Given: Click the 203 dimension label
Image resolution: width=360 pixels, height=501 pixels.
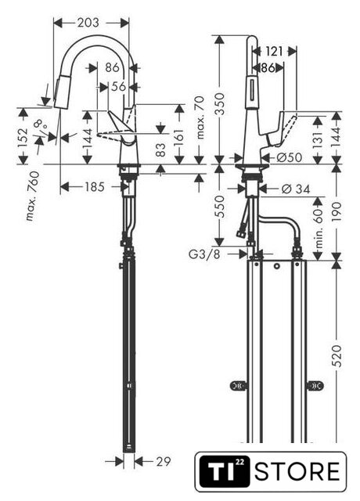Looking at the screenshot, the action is coord(88,23).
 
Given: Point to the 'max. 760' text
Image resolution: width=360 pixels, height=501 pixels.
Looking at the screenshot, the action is coord(33,196).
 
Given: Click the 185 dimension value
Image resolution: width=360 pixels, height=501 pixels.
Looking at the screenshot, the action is coord(95,187).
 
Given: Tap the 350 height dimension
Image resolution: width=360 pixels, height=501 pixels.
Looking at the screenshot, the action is coord(220,104).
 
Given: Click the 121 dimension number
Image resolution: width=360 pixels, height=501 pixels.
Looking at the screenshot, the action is coord(274,51).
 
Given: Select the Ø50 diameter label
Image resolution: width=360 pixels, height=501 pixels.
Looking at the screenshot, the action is coord(289,157).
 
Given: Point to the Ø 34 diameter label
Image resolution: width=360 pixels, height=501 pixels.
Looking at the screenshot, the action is coord(296,189).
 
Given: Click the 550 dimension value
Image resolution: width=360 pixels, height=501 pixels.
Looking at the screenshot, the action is coord(220,207).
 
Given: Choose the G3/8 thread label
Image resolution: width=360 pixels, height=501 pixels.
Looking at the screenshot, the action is coord(204,254).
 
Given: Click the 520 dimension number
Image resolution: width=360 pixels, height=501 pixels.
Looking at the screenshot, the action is coord(337,355).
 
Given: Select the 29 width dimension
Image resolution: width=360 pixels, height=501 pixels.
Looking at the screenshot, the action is coord(164,461).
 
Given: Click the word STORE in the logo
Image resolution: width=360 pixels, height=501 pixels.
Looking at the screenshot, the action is coord(297,471).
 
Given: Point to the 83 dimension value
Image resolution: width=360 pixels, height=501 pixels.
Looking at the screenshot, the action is coord(160,150).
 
